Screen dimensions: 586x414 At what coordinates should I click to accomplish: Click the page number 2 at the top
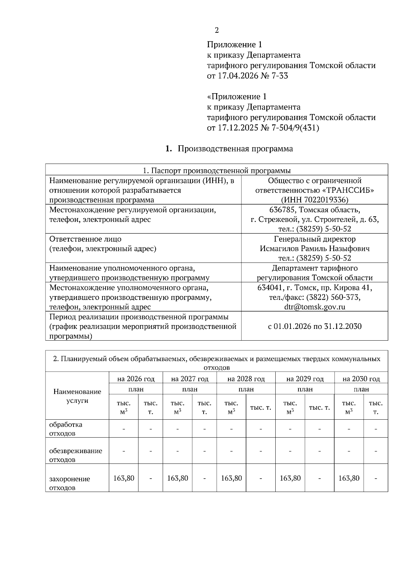pos(217,30)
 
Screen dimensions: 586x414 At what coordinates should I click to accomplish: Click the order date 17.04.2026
pos(238,76)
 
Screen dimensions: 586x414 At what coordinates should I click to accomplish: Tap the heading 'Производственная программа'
pos(235,149)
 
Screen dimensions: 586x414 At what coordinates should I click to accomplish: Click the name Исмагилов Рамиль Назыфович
pos(315,248)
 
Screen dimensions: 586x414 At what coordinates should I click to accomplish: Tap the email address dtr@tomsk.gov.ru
pos(315,307)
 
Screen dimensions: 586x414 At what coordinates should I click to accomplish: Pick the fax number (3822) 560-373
pos(330,297)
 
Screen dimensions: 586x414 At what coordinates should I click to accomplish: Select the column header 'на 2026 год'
pos(136,379)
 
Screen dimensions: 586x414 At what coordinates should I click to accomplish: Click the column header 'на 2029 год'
pos(305,379)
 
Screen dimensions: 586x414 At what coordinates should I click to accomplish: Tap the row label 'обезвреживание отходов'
pos(76,455)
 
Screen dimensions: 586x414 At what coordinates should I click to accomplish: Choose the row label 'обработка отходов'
pos(66,429)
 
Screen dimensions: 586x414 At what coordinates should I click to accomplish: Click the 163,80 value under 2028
pos(231,478)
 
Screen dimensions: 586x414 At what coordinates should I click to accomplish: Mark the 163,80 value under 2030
pos(349,478)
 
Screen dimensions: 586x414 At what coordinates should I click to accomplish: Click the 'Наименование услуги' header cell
pos(77,396)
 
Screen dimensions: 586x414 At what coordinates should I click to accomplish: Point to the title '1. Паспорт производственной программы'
pos(217,170)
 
